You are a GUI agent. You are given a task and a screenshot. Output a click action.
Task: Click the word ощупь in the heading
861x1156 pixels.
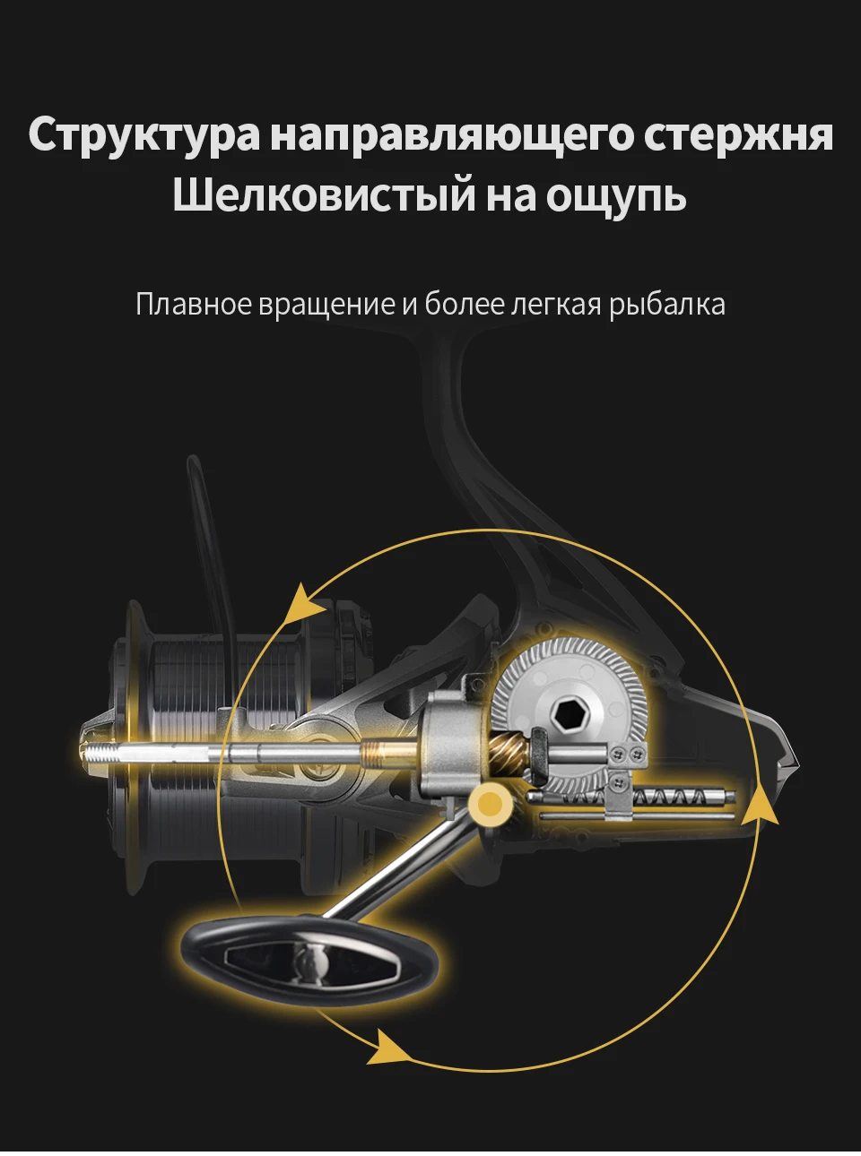click(616, 196)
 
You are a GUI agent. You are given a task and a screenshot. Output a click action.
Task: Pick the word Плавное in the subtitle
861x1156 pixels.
click(194, 305)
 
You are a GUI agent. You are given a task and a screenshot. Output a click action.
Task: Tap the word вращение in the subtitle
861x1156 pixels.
click(326, 306)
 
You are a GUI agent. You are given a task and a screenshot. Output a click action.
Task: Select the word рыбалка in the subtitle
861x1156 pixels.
click(667, 306)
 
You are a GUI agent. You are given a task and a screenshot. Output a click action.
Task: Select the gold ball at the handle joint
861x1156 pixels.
click(490, 804)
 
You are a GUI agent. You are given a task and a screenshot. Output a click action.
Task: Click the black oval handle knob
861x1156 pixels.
click(310, 960)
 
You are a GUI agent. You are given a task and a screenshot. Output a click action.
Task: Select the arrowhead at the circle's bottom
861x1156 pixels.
click(387, 1047)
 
